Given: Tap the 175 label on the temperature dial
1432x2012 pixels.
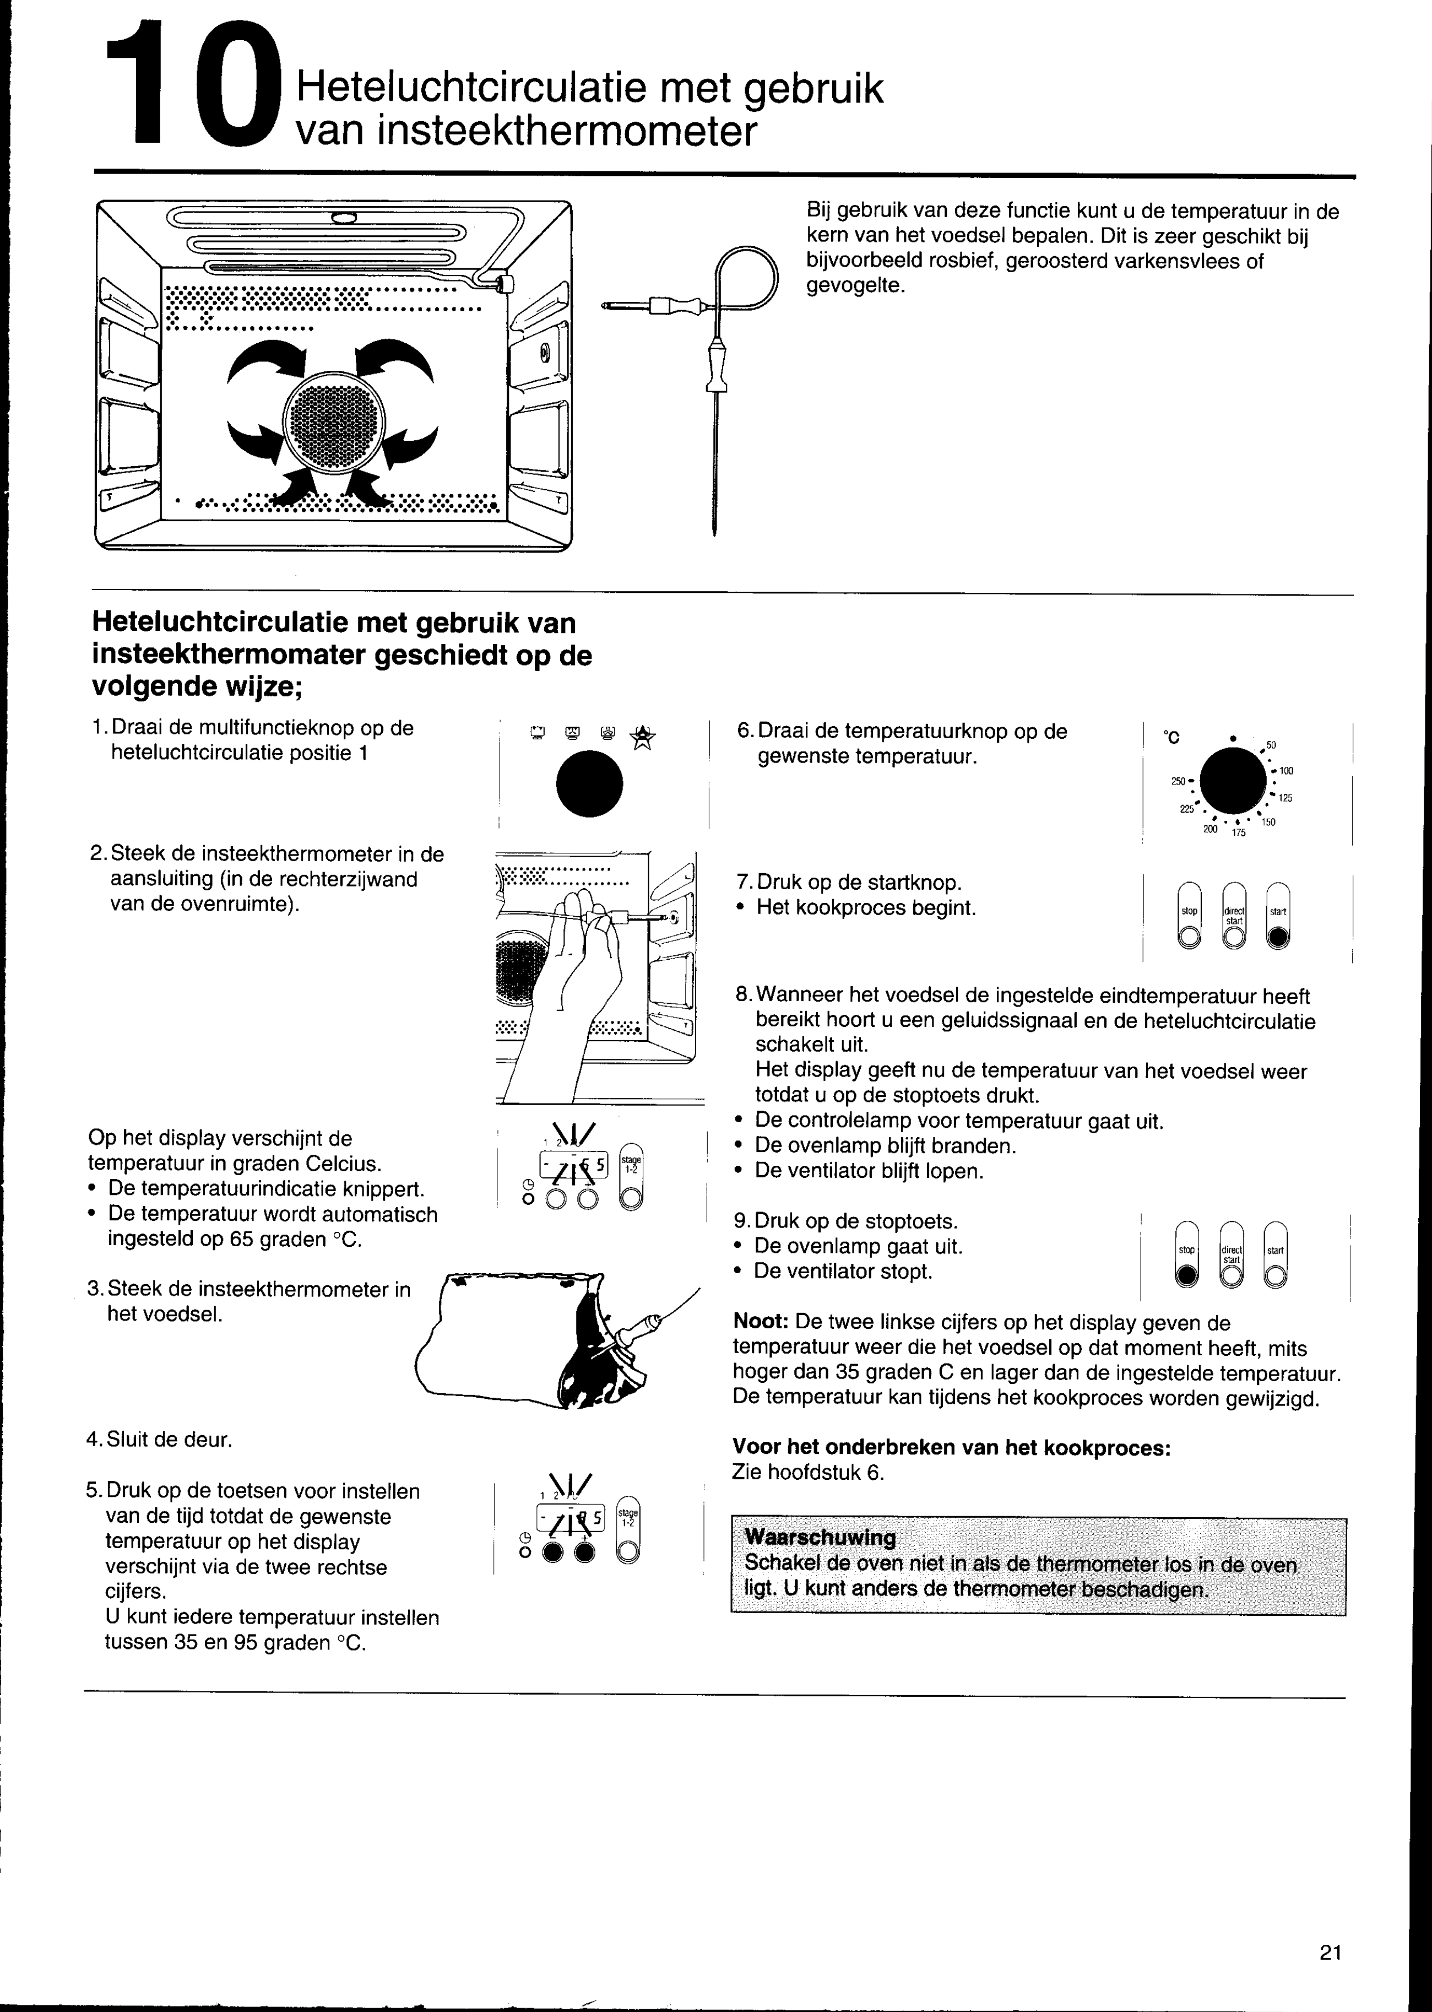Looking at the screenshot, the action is [x=1239, y=832].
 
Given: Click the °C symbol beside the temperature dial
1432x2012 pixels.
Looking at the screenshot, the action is [x=1172, y=737].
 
